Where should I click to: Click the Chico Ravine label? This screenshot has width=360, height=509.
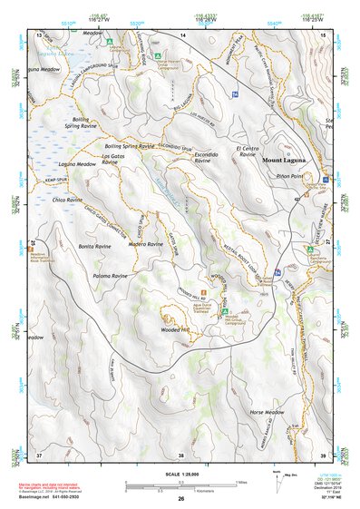pyautogui.click(x=68, y=199)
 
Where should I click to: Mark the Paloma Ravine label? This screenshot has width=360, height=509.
pyautogui.click(x=114, y=274)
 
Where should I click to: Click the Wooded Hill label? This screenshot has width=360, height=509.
pyautogui.click(x=174, y=331)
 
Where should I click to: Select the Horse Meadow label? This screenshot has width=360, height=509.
pyautogui.click(x=267, y=412)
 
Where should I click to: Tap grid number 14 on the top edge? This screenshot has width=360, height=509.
pyautogui.click(x=182, y=34)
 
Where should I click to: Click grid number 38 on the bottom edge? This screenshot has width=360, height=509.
pyautogui.click(x=181, y=455)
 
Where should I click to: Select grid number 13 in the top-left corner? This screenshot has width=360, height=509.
pyautogui.click(x=39, y=34)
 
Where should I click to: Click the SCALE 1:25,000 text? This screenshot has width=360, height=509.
pyautogui.click(x=180, y=475)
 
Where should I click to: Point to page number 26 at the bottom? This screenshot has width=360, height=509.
pyautogui.click(x=181, y=499)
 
